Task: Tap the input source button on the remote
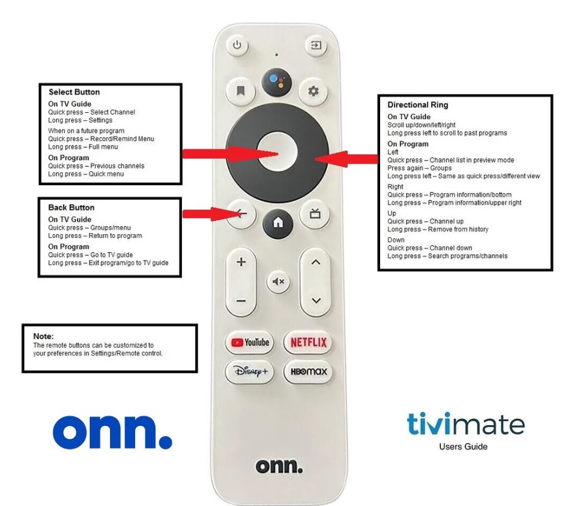316,45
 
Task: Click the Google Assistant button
277,82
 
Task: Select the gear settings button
313,91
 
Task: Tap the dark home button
278,223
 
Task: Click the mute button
278,282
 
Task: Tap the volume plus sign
241,262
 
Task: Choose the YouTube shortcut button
250,342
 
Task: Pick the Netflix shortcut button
308,342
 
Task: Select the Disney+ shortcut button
250,372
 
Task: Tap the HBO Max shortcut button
308,372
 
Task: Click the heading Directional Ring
418,105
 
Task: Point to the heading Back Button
71,207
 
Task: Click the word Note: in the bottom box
43,336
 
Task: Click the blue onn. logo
112,432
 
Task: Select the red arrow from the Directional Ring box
346,159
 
